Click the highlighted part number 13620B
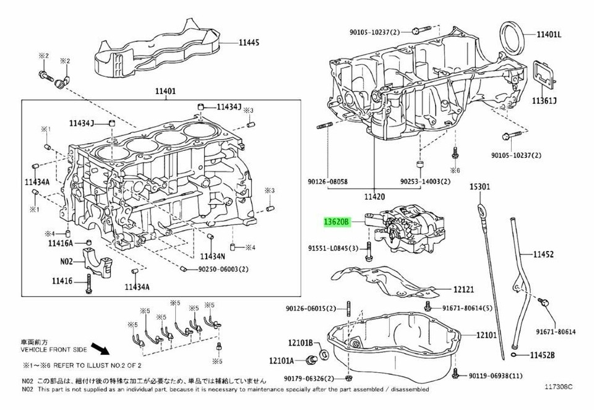[x=337, y=222]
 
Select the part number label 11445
[x=249, y=43]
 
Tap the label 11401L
[x=549, y=35]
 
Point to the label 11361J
[x=544, y=101]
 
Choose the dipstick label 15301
[x=480, y=186]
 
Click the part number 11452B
[x=542, y=355]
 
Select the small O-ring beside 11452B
[x=514, y=355]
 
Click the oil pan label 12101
[x=486, y=335]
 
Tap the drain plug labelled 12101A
[x=312, y=360]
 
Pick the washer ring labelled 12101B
[x=324, y=354]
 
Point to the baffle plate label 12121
[x=463, y=289]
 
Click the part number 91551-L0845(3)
[x=333, y=249]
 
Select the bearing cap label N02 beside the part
[x=66, y=261]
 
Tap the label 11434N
[x=212, y=256]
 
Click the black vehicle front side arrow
[x=100, y=349]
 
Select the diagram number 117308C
[x=559, y=387]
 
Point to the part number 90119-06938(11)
[x=496, y=375]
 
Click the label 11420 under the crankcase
[x=374, y=197]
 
